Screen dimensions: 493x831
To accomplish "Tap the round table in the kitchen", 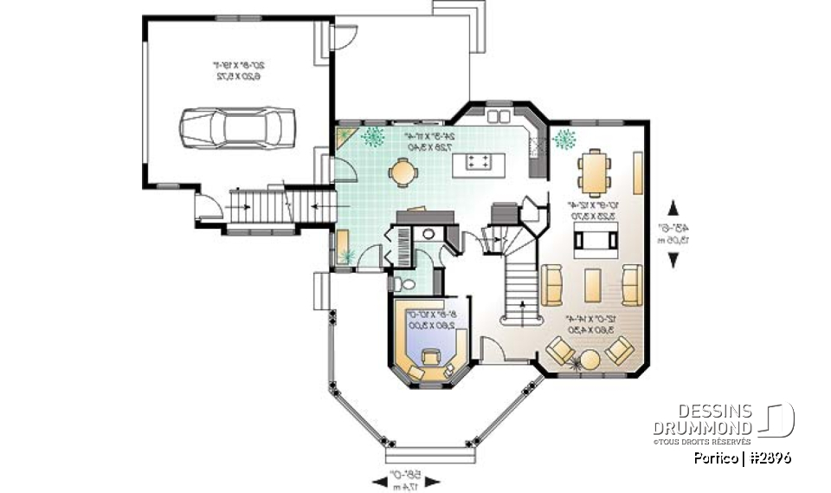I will click(403, 172).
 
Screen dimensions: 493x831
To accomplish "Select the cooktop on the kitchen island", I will click(480, 161).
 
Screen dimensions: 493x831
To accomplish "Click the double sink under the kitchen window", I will click(499, 116).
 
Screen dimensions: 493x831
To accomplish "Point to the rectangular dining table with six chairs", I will click(594, 172).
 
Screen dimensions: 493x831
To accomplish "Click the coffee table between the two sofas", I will click(593, 284).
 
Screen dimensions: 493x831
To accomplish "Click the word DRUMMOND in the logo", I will click(702, 429).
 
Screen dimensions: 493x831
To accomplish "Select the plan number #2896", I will click(770, 457).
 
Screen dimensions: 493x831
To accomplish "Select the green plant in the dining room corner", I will click(565, 138).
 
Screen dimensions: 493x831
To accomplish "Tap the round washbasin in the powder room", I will click(428, 233).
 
